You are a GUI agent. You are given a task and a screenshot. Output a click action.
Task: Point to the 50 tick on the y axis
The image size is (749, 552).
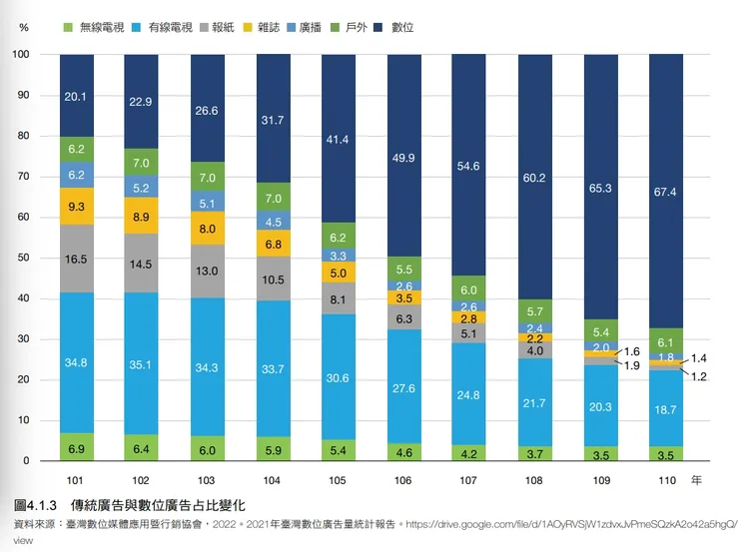23,259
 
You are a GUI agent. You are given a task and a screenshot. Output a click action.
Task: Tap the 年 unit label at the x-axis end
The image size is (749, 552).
697,480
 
